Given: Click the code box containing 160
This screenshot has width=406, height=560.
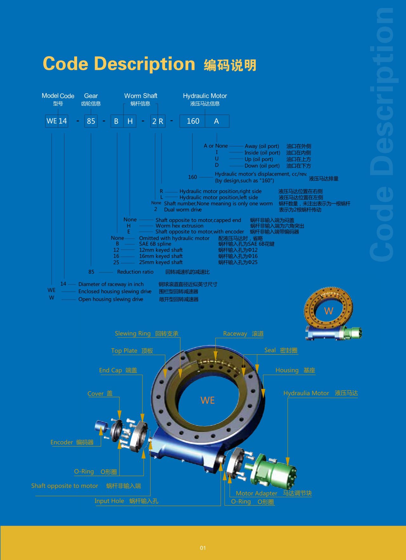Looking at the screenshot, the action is point(193,121).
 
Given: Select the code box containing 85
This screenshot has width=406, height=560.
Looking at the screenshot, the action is point(91,121).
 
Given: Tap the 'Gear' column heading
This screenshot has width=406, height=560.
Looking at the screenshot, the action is point(91,96).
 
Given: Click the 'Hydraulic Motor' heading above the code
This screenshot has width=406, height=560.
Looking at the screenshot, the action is point(205,96).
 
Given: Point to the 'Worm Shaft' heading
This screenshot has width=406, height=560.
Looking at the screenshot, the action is point(141,96).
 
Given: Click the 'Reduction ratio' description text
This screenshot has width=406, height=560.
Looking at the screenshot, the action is point(135,272).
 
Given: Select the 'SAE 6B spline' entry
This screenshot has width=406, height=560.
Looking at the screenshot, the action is point(155,244).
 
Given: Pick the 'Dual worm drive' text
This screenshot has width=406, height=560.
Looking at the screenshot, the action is point(183,210).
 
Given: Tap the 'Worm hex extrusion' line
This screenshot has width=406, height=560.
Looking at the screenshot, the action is point(180,226).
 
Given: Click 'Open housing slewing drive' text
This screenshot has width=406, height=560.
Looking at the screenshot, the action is point(111,299).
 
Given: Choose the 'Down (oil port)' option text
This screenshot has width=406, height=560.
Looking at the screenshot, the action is point(262,166).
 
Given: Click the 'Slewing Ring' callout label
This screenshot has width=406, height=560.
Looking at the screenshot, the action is point(133,333).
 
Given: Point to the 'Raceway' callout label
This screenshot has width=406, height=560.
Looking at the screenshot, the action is point(235,334).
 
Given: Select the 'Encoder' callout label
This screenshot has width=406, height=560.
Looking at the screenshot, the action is point(62,442).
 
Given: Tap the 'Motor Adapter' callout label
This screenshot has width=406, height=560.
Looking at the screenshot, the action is point(257,493).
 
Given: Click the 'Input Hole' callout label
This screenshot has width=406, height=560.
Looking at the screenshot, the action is point(109,501).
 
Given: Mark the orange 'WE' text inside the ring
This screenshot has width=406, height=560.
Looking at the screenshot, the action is point(208,400).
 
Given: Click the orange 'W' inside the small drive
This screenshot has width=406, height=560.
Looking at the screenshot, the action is point(329,311).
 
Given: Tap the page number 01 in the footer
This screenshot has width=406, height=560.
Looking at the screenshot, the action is point(203,548).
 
